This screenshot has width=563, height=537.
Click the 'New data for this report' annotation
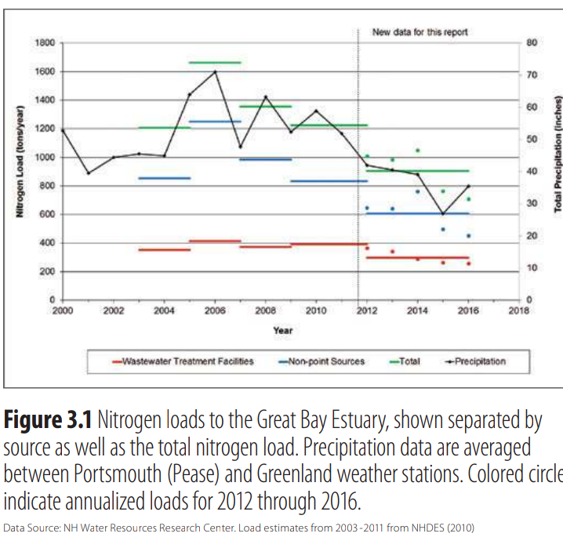(420, 32)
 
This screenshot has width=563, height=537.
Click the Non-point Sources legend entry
(321, 361)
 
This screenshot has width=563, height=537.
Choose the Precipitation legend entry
(474, 361)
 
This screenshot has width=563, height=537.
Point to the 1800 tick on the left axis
(44, 42)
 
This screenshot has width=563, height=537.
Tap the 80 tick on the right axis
(530, 42)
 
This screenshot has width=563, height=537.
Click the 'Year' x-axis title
(283, 330)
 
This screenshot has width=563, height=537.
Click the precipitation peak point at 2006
(215, 71)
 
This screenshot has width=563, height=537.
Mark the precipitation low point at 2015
(443, 213)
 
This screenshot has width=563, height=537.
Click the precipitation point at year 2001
(89, 172)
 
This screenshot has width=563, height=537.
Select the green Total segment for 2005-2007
(215, 62)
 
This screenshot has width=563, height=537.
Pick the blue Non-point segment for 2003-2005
(164, 178)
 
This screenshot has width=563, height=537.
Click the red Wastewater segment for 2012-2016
(417, 257)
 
